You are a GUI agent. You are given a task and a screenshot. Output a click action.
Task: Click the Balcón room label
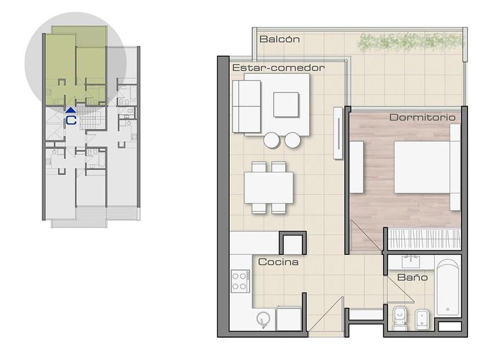[279, 39]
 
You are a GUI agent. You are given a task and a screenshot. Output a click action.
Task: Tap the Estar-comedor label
[278, 67]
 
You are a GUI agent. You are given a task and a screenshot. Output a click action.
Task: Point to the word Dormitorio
[422, 117]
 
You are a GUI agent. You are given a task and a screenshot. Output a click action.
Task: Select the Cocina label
[278, 262]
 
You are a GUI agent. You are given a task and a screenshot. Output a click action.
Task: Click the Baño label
[413, 277]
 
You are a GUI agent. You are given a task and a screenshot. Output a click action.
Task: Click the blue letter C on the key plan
[71, 120]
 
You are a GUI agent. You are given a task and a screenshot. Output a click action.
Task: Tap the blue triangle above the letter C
[71, 110]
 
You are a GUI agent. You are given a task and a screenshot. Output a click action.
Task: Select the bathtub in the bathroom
[448, 288]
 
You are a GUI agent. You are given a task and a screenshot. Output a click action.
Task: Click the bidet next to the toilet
[422, 319]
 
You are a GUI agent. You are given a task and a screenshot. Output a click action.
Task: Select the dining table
[269, 187]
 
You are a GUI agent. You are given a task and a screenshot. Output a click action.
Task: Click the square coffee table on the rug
[286, 105]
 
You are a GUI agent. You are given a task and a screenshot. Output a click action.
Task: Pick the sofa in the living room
[246, 106]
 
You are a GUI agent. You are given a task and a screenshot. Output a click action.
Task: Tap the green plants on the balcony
[410, 42]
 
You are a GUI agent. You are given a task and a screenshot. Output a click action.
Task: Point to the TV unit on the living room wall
[338, 133]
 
